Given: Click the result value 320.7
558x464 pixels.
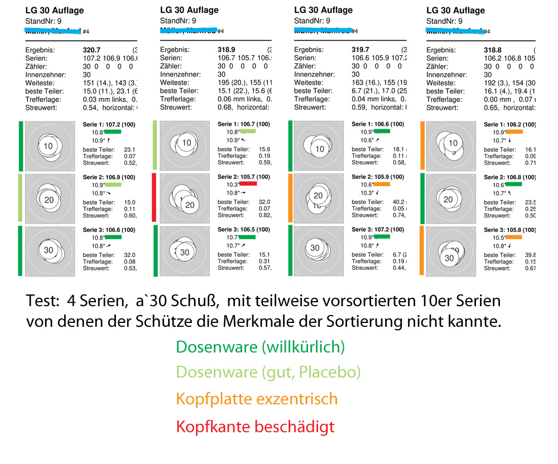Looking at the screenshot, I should [92, 50].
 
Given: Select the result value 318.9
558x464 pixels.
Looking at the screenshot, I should [227, 50].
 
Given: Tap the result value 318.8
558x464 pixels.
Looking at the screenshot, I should [493, 50].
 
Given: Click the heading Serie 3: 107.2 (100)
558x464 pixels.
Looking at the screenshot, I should [378, 230].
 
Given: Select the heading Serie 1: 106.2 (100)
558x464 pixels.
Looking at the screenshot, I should [509, 124].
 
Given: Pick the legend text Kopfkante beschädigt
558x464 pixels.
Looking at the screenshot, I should [255, 427].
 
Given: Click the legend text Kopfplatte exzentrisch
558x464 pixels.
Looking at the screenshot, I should [257, 399].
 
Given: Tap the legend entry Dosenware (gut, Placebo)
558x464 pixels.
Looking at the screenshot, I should [268, 372].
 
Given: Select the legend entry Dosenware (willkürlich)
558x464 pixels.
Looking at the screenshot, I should [260, 347].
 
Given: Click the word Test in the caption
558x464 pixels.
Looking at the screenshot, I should [42, 301].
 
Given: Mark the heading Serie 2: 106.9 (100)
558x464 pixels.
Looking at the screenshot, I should [109, 177].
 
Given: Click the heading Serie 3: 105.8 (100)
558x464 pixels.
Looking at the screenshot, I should [509, 230].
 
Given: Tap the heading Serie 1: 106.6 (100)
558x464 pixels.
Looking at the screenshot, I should [378, 124].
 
